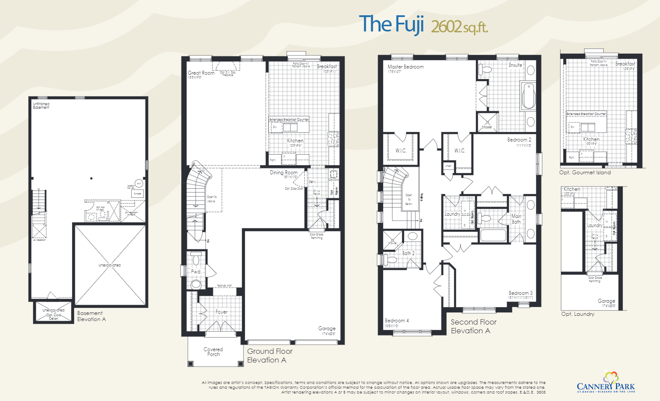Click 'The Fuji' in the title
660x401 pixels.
click(391, 24)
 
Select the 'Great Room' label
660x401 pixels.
click(201, 73)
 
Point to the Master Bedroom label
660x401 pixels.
click(406, 67)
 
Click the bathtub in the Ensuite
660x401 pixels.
click(528, 96)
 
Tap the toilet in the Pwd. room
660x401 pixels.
click(196, 259)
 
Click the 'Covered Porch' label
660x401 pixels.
click(213, 352)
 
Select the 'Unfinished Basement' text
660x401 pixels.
click(41, 105)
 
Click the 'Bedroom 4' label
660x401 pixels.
click(397, 321)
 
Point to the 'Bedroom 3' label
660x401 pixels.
click(520, 293)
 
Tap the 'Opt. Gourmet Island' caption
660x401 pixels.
click(585, 173)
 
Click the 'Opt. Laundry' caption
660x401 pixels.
click(577, 314)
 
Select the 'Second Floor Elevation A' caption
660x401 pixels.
click(473, 326)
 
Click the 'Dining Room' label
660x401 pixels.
click(284, 173)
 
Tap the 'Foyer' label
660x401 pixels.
click(221, 312)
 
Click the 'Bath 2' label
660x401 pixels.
click(408, 253)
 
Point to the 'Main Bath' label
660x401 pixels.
click(516, 219)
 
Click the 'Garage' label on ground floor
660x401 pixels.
click(327, 328)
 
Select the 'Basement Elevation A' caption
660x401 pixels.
click(91, 316)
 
